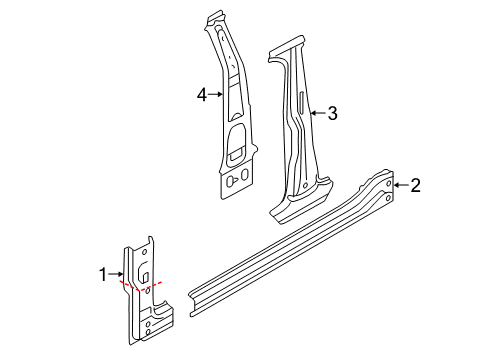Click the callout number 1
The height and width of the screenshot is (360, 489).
[x=103, y=275]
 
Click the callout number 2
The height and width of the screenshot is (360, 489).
[x=416, y=185]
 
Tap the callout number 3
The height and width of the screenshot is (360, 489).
[x=332, y=113]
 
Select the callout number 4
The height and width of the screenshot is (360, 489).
[x=202, y=95]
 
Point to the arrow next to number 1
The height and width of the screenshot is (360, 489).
[x=116, y=274]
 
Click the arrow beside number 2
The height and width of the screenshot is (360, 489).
[x=401, y=185]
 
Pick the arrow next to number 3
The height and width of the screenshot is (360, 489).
[x=318, y=113]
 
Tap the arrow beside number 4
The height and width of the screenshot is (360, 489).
[x=215, y=95]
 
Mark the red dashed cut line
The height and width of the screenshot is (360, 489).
[x=141, y=286]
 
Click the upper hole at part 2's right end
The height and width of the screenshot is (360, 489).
[x=389, y=183]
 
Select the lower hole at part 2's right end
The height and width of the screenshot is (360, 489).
[x=388, y=198]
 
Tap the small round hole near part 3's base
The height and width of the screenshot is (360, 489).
[x=306, y=185]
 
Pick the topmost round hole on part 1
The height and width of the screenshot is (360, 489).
[x=145, y=252]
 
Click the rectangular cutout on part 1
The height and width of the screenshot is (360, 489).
[x=146, y=276]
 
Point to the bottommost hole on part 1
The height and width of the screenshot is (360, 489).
[x=148, y=332]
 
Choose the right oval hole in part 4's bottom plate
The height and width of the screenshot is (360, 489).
[x=244, y=174]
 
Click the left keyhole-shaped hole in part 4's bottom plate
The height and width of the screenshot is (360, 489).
[x=231, y=181]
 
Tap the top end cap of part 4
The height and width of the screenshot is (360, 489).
[x=215, y=17]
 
